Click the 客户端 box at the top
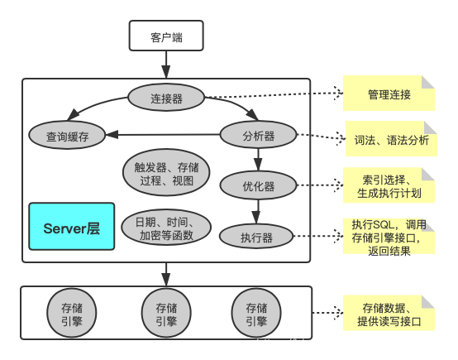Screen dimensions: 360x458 (165, 36)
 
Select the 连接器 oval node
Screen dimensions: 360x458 (166, 98)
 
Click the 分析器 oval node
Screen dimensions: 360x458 (259, 134)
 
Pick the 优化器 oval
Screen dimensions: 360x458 (259, 186)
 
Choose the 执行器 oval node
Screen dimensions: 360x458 (257, 237)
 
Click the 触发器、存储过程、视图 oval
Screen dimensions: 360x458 (166, 172)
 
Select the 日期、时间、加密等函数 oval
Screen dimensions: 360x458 (166, 228)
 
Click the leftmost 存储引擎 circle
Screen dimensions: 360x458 (72, 313)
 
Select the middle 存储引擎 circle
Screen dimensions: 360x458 (166, 313)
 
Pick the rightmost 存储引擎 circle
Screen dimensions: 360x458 (256, 313)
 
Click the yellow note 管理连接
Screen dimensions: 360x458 (389, 94)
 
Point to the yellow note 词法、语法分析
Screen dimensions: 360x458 (390, 140)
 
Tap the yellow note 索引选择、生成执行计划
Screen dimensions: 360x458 (390, 186)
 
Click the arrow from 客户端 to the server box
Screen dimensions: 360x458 (166, 63)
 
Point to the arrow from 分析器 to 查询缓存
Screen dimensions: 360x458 (165, 134)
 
